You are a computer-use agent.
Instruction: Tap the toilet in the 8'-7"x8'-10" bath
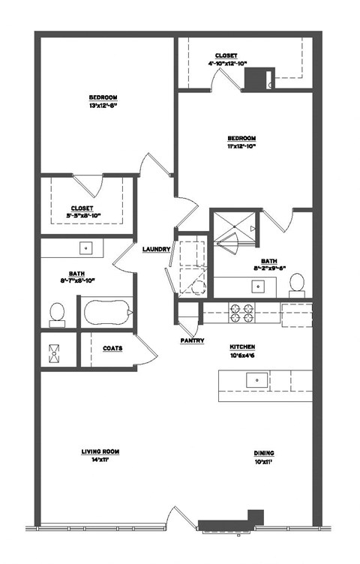pyautogui.click(x=57, y=313)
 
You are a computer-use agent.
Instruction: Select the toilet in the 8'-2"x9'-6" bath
pyautogui.click(x=297, y=283)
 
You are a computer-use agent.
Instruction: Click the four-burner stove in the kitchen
pyautogui.click(x=241, y=312)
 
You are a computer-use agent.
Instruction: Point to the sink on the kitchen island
pyautogui.click(x=257, y=380)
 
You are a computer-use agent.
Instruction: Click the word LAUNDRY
pyautogui.click(x=156, y=249)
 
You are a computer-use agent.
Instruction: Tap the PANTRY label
pyautogui.click(x=192, y=340)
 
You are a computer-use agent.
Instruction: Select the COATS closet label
pyautogui.click(x=112, y=348)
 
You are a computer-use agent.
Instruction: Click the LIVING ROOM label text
pyautogui.click(x=100, y=451)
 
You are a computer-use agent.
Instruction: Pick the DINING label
pyautogui.click(x=263, y=453)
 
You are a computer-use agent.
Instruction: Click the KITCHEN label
pyautogui.click(x=242, y=347)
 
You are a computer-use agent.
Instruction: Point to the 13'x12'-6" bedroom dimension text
pyautogui.click(x=103, y=106)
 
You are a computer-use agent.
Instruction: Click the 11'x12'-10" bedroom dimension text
pyautogui.click(x=242, y=146)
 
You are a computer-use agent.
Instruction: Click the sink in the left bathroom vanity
pyautogui.click(x=86, y=246)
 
